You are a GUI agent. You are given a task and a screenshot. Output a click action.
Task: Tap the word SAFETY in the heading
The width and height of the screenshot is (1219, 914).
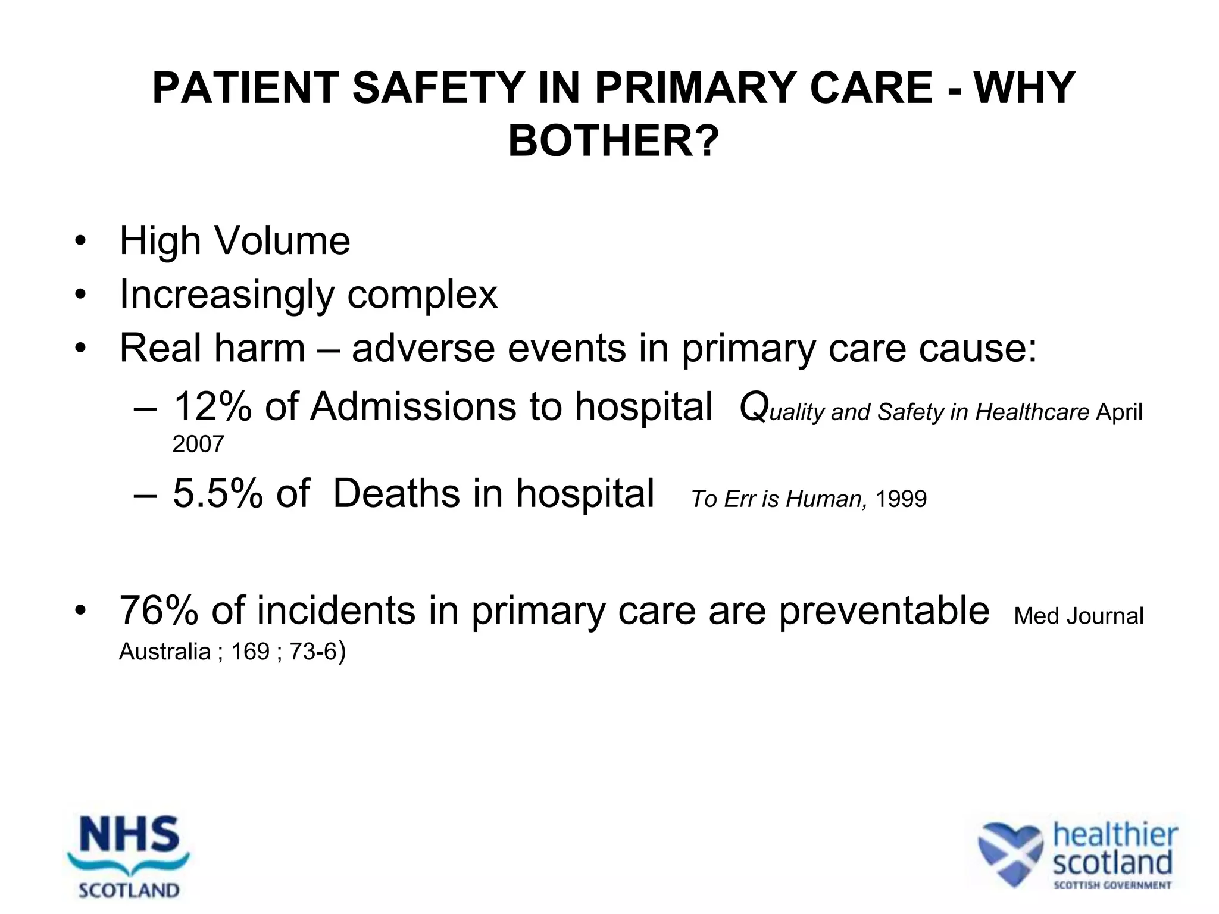click(438, 88)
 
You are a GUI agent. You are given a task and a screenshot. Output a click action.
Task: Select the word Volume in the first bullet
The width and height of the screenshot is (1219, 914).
click(282, 241)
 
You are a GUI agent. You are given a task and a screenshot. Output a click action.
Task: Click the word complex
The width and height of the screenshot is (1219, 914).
click(422, 295)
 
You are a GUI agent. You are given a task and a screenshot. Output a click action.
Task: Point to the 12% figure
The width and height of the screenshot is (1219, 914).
click(212, 406)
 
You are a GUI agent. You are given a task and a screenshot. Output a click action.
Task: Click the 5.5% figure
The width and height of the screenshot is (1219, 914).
click(218, 493)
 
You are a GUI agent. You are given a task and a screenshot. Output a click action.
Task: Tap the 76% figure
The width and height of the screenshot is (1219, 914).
click(159, 611)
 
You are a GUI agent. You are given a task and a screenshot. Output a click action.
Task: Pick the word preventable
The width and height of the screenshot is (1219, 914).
click(884, 611)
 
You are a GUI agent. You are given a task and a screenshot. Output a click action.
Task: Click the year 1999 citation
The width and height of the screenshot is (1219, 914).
click(901, 499)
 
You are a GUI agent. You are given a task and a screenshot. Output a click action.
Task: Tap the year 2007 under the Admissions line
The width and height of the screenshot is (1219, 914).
click(198, 444)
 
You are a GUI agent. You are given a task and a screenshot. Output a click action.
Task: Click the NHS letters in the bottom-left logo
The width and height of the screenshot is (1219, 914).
click(129, 835)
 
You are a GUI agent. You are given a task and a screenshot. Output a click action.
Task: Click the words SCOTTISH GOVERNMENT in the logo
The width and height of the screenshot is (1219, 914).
click(1112, 885)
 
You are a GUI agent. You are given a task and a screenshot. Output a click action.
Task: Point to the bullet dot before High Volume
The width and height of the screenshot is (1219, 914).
click(80, 242)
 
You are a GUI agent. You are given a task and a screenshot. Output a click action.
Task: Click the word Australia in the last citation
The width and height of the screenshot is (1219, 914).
click(164, 652)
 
